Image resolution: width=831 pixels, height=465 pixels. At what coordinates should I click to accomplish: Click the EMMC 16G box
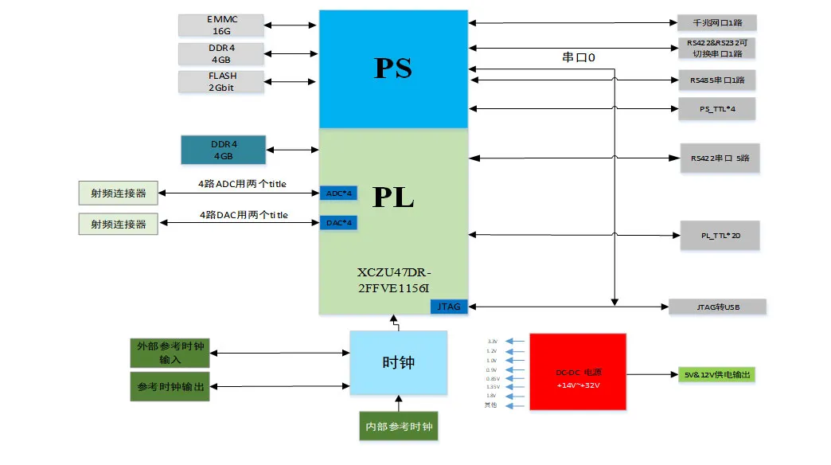coord(220,25)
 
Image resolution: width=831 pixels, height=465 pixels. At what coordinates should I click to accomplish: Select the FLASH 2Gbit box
coord(220,82)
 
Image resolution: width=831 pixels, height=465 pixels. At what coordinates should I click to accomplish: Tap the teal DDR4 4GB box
coord(224,150)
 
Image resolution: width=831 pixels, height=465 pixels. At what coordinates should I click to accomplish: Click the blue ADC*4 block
coord(338,193)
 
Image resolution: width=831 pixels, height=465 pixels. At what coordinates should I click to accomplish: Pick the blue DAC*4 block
coord(338,223)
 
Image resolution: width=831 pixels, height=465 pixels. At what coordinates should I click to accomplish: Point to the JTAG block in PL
coord(449,307)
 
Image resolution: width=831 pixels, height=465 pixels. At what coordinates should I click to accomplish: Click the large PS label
coord(392,68)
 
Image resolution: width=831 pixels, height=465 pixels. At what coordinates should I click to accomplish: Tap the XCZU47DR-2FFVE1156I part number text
coord(393,279)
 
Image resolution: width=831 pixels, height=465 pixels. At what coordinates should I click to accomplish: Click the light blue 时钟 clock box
coord(399,362)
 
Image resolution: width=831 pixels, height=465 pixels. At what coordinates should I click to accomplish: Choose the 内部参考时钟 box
coord(399,427)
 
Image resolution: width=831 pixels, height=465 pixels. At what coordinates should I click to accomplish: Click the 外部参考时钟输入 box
coord(170,354)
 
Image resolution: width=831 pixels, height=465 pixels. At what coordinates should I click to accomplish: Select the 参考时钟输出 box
coord(170,386)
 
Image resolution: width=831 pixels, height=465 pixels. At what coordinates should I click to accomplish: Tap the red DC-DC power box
coord(577,373)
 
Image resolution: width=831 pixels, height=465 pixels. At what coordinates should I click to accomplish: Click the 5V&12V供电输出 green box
coord(715,374)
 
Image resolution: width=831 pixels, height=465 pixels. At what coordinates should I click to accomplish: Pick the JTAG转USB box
coord(716,307)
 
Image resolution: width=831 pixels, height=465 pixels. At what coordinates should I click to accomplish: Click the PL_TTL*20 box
coord(720,235)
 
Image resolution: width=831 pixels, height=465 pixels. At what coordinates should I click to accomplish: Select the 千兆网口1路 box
coord(716,23)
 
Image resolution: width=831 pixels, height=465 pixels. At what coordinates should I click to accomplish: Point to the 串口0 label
coord(579,58)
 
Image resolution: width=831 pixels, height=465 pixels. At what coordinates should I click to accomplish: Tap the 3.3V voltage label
coord(492,342)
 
